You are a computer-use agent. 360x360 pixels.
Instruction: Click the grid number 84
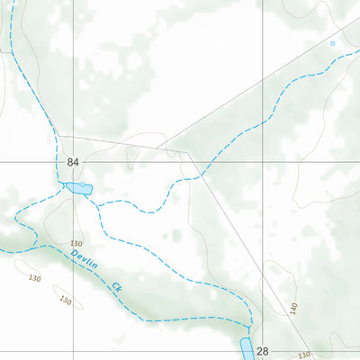pyautogui.click(x=73, y=162)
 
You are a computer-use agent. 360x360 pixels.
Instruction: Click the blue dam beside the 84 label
pyautogui.click(x=77, y=189)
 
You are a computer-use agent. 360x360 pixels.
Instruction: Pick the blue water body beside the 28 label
pyautogui.click(x=247, y=350)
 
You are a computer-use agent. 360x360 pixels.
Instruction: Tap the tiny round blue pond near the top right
pyautogui.click(x=332, y=43)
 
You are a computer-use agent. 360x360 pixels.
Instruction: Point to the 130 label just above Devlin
pyautogui.click(x=76, y=244)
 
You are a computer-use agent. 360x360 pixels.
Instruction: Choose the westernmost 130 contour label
pyautogui.click(x=35, y=278)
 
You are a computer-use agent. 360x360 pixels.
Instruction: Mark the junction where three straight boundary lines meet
pyautogui.click(x=187, y=153)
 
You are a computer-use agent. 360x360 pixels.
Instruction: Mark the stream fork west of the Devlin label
pyautogui.click(x=33, y=246)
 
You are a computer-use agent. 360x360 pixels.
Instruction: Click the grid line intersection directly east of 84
pyautogui.click(x=263, y=162)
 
